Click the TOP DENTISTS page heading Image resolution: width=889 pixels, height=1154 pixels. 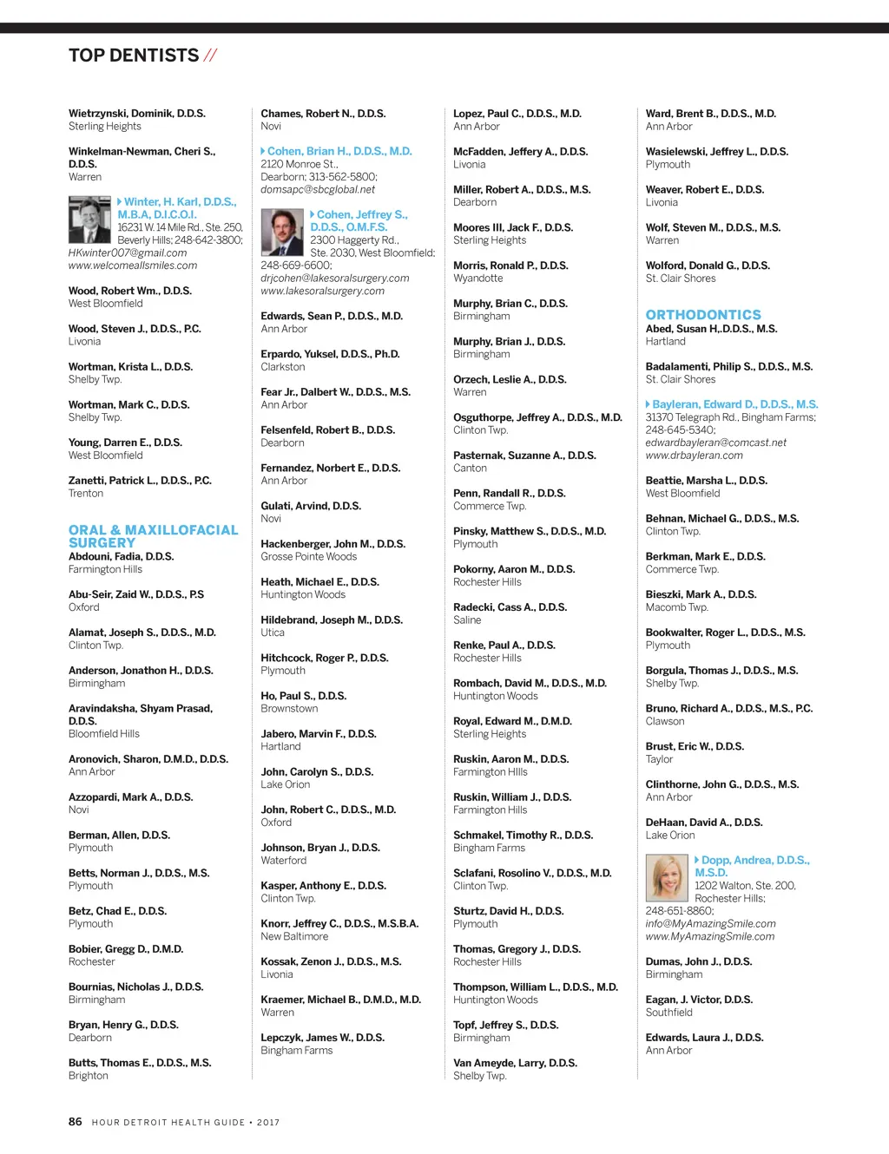pos(134,56)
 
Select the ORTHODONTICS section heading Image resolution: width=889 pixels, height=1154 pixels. pos(703,315)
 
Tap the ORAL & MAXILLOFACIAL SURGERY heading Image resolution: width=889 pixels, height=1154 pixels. pos(153,536)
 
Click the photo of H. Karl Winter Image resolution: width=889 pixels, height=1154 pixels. pos(90,220)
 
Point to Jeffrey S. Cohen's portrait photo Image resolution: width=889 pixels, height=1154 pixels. pos(283,233)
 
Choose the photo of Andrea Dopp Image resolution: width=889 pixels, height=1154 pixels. pos(668,878)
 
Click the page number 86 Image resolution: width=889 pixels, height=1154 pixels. pos(76,1122)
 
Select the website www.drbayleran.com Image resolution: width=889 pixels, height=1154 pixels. pos(694,456)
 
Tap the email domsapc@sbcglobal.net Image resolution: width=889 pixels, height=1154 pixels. pos(318,189)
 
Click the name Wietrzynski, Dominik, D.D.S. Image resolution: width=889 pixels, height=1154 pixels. pos(137,114)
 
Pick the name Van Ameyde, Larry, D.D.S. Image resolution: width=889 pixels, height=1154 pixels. pos(515,1063)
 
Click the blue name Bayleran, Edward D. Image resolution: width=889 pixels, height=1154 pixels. pos(734,404)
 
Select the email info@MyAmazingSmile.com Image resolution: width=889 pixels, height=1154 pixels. pos(710,924)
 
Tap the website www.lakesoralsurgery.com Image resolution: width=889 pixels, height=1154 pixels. pos(322,291)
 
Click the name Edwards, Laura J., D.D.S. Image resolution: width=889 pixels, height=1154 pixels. pos(704,1038)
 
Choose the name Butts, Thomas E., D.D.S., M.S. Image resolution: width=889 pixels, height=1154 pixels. pos(140,1063)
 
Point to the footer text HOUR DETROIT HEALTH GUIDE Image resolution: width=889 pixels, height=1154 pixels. pos(168,1123)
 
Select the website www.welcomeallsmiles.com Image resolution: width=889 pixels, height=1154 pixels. pos(133,266)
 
